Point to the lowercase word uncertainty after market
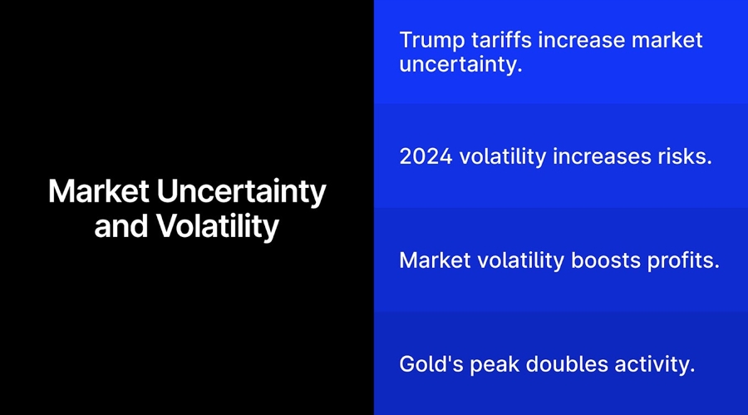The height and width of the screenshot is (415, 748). point(460,65)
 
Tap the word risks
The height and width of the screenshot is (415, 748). point(686,156)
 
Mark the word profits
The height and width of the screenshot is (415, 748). point(684,260)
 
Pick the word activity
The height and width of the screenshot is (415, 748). point(653,364)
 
